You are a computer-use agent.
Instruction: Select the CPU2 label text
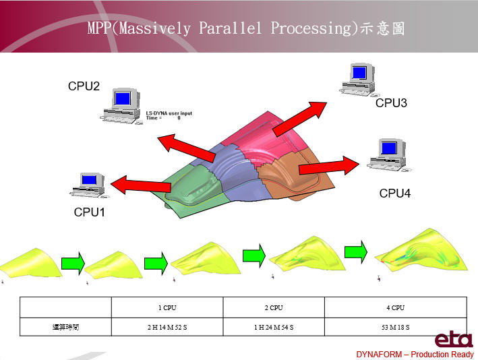[84, 86]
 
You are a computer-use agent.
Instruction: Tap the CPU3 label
[392, 103]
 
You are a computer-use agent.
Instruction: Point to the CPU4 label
[395, 193]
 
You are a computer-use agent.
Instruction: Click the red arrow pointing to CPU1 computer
[141, 183]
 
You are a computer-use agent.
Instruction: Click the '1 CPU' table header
[167, 307]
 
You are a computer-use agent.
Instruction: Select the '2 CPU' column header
[273, 307]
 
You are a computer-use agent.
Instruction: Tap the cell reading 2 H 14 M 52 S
[167, 326]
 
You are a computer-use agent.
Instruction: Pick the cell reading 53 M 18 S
[394, 326]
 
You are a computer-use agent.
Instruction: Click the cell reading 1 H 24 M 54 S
[273, 326]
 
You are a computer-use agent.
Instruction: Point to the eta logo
[453, 339]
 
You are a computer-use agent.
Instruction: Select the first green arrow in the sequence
[73, 263]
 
